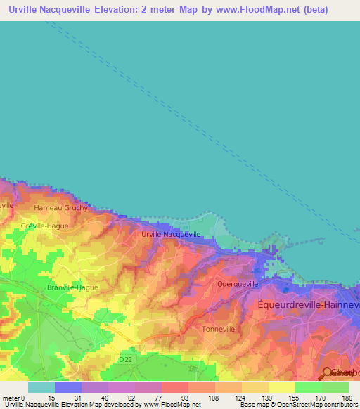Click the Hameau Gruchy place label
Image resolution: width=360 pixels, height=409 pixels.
[x=62, y=208]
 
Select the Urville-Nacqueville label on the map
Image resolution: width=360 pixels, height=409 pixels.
[x=172, y=235]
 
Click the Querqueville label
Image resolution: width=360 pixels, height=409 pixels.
[x=238, y=285]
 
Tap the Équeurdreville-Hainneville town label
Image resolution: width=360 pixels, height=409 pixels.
[x=309, y=304]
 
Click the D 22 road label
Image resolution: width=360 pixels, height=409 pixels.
[x=125, y=359]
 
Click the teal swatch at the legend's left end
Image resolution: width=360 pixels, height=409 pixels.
[x=41, y=387]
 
